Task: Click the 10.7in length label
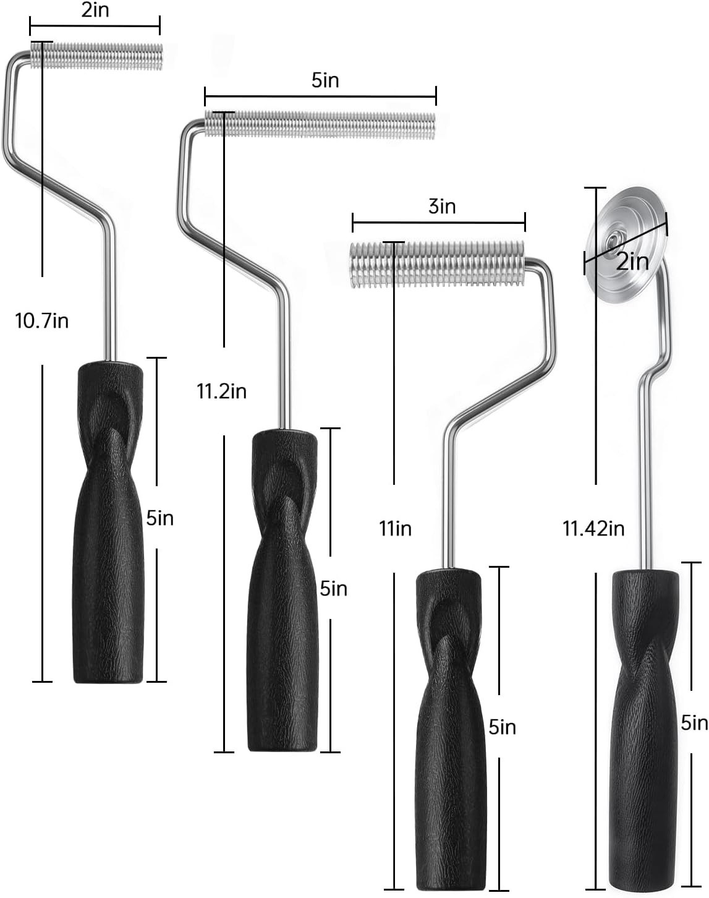tap(41, 321)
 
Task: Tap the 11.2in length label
tap(222, 391)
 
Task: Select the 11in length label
tap(396, 529)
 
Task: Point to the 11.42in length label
tap(594, 529)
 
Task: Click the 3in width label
tap(442, 207)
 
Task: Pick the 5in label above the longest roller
tap(325, 80)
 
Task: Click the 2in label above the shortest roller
tap(95, 10)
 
